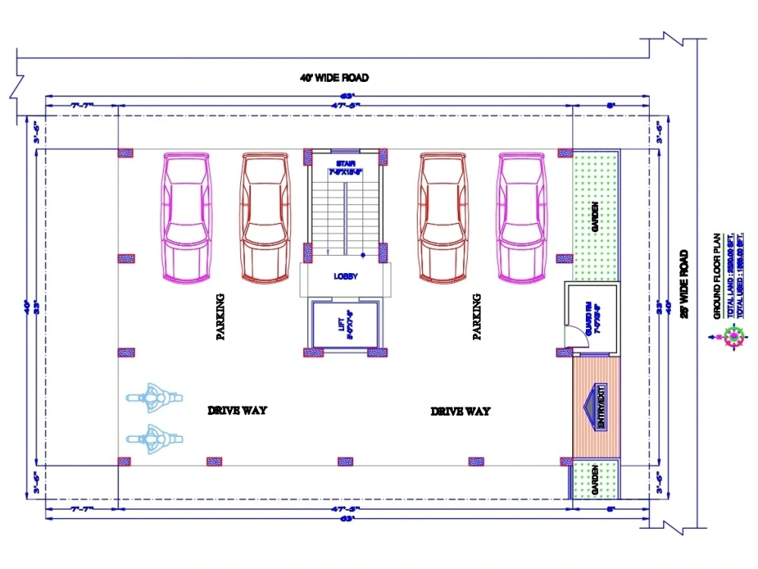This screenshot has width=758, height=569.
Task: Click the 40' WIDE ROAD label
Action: (x=334, y=78)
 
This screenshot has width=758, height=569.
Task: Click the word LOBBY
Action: (x=346, y=277)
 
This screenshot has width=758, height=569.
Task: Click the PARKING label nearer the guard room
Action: (x=477, y=317)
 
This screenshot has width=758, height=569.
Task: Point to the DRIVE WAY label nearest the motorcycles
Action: (x=237, y=410)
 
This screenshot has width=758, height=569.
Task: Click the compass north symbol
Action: (x=735, y=335)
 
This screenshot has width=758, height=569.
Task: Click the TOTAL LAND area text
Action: (x=725, y=276)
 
